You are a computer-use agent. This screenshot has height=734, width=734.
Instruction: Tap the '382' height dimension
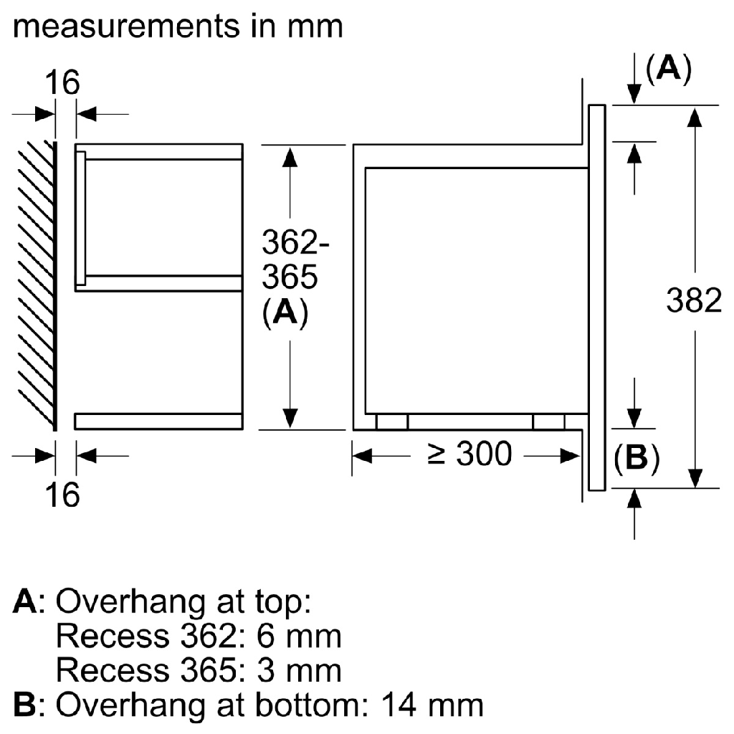pyautogui.click(x=693, y=301)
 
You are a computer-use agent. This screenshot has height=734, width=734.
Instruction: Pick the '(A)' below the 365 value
pyautogui.click(x=285, y=313)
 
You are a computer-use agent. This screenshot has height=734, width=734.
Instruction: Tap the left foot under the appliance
pyautogui.click(x=392, y=422)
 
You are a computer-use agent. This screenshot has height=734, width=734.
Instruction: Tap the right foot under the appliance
pyautogui.click(x=549, y=422)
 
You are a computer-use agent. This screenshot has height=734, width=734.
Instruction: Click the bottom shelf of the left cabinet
pyautogui.click(x=158, y=421)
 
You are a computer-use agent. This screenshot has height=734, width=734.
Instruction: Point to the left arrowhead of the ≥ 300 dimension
pyautogui.click(x=361, y=454)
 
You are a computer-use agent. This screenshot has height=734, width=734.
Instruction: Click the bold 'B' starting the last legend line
pyautogui.click(x=24, y=705)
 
